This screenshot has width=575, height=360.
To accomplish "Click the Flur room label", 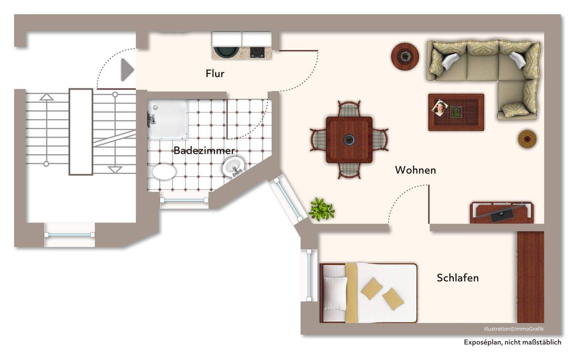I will click(x=215, y=74).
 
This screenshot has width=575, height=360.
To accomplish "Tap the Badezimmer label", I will click(x=204, y=151).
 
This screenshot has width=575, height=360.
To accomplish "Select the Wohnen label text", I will click(x=415, y=170).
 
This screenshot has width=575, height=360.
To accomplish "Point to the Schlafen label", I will click(x=458, y=278).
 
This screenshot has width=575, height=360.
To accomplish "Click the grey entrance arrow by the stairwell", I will click(x=127, y=70).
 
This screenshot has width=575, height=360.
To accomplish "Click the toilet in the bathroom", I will click(x=164, y=172).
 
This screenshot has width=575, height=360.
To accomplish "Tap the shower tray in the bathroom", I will click(x=167, y=119).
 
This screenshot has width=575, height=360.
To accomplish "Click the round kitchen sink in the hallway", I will click(x=226, y=52).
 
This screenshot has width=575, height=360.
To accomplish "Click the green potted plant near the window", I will click(x=321, y=209).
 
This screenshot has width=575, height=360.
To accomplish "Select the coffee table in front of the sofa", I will click(x=456, y=112).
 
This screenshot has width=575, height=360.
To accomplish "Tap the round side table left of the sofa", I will click(x=405, y=56).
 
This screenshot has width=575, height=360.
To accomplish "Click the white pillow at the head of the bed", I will click(x=335, y=292).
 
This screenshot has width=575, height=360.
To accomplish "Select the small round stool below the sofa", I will click(x=527, y=139).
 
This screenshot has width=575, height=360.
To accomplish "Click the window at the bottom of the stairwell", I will click(x=69, y=235).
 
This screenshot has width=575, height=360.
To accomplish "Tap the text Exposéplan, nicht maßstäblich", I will click(x=512, y=342).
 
